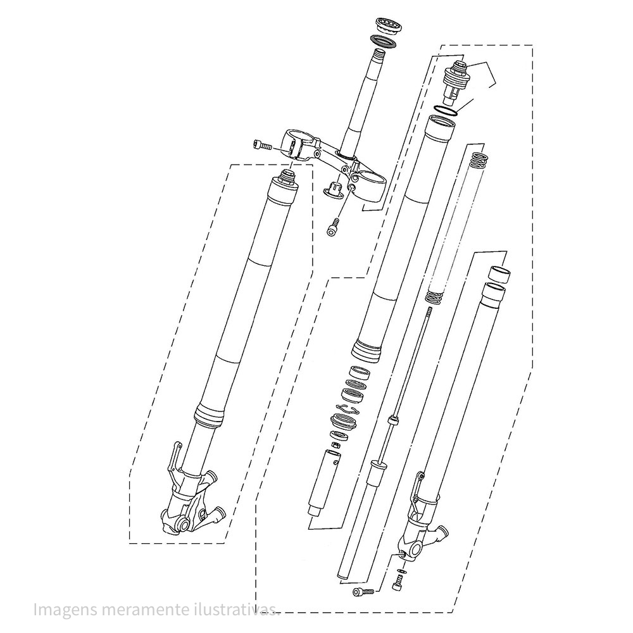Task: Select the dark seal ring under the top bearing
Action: coord(382,41)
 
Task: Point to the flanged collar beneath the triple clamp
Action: coord(333,189)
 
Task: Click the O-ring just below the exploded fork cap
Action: coord(445,110)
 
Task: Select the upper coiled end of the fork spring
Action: coord(479,160)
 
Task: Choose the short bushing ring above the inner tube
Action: coord(499,274)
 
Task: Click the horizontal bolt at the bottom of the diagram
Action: coord(363,592)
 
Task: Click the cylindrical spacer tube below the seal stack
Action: coord(323,484)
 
